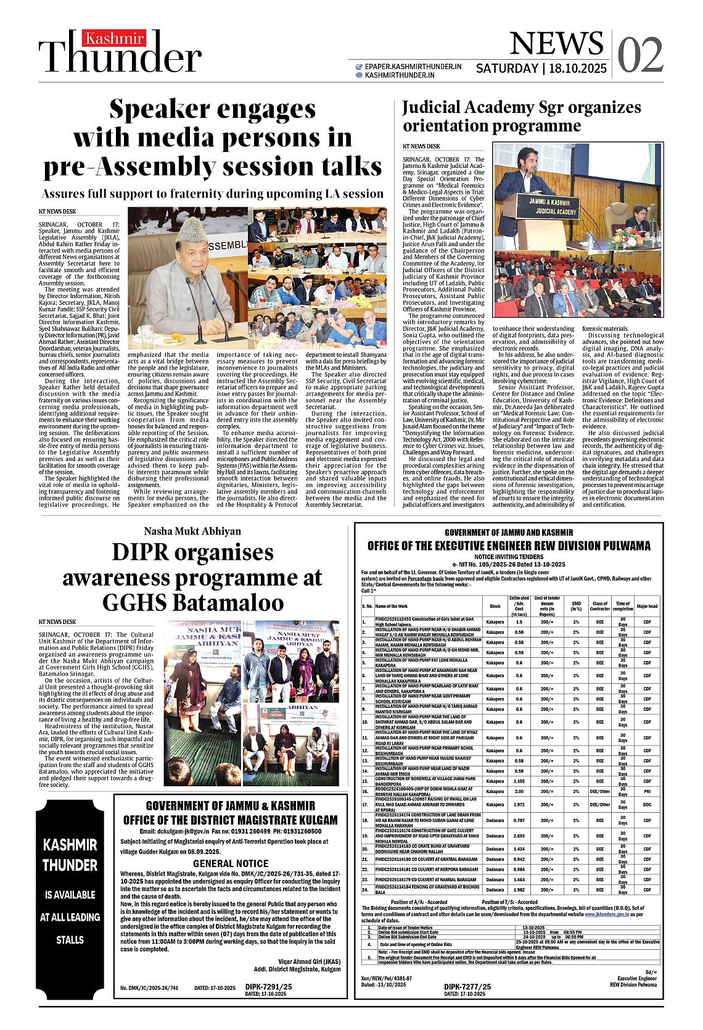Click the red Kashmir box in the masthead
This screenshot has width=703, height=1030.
pos(115,39)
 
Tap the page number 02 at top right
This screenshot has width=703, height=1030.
pos(640,55)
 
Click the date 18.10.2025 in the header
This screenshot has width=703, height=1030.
pos(578,69)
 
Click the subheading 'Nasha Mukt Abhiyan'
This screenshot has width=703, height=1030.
pos(192,531)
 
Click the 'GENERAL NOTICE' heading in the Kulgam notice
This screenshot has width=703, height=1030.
pos(231,863)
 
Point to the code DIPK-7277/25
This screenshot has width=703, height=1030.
pos(467,987)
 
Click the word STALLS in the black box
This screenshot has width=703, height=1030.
pos(70,940)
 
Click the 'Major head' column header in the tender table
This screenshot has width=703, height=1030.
pos(647,606)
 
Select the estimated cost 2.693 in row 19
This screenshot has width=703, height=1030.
pos(519,836)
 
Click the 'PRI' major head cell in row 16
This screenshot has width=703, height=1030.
pos(647,791)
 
